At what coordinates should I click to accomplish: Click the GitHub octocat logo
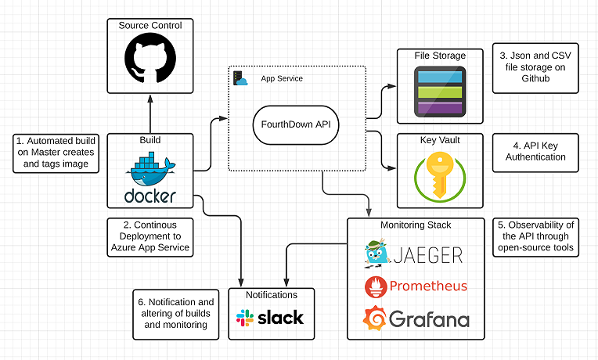coord(148,59)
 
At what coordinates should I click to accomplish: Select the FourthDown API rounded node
coord(296,126)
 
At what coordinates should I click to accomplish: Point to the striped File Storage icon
coord(439,92)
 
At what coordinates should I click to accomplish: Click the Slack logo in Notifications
coord(270,319)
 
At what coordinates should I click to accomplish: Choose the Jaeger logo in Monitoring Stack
coord(414,254)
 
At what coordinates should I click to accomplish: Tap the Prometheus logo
coord(416,286)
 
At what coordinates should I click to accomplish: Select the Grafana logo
coord(416,319)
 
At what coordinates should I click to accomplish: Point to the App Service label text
coord(281,78)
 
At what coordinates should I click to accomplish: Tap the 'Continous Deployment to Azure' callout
coord(148,236)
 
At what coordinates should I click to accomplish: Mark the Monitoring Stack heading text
coord(416,225)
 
